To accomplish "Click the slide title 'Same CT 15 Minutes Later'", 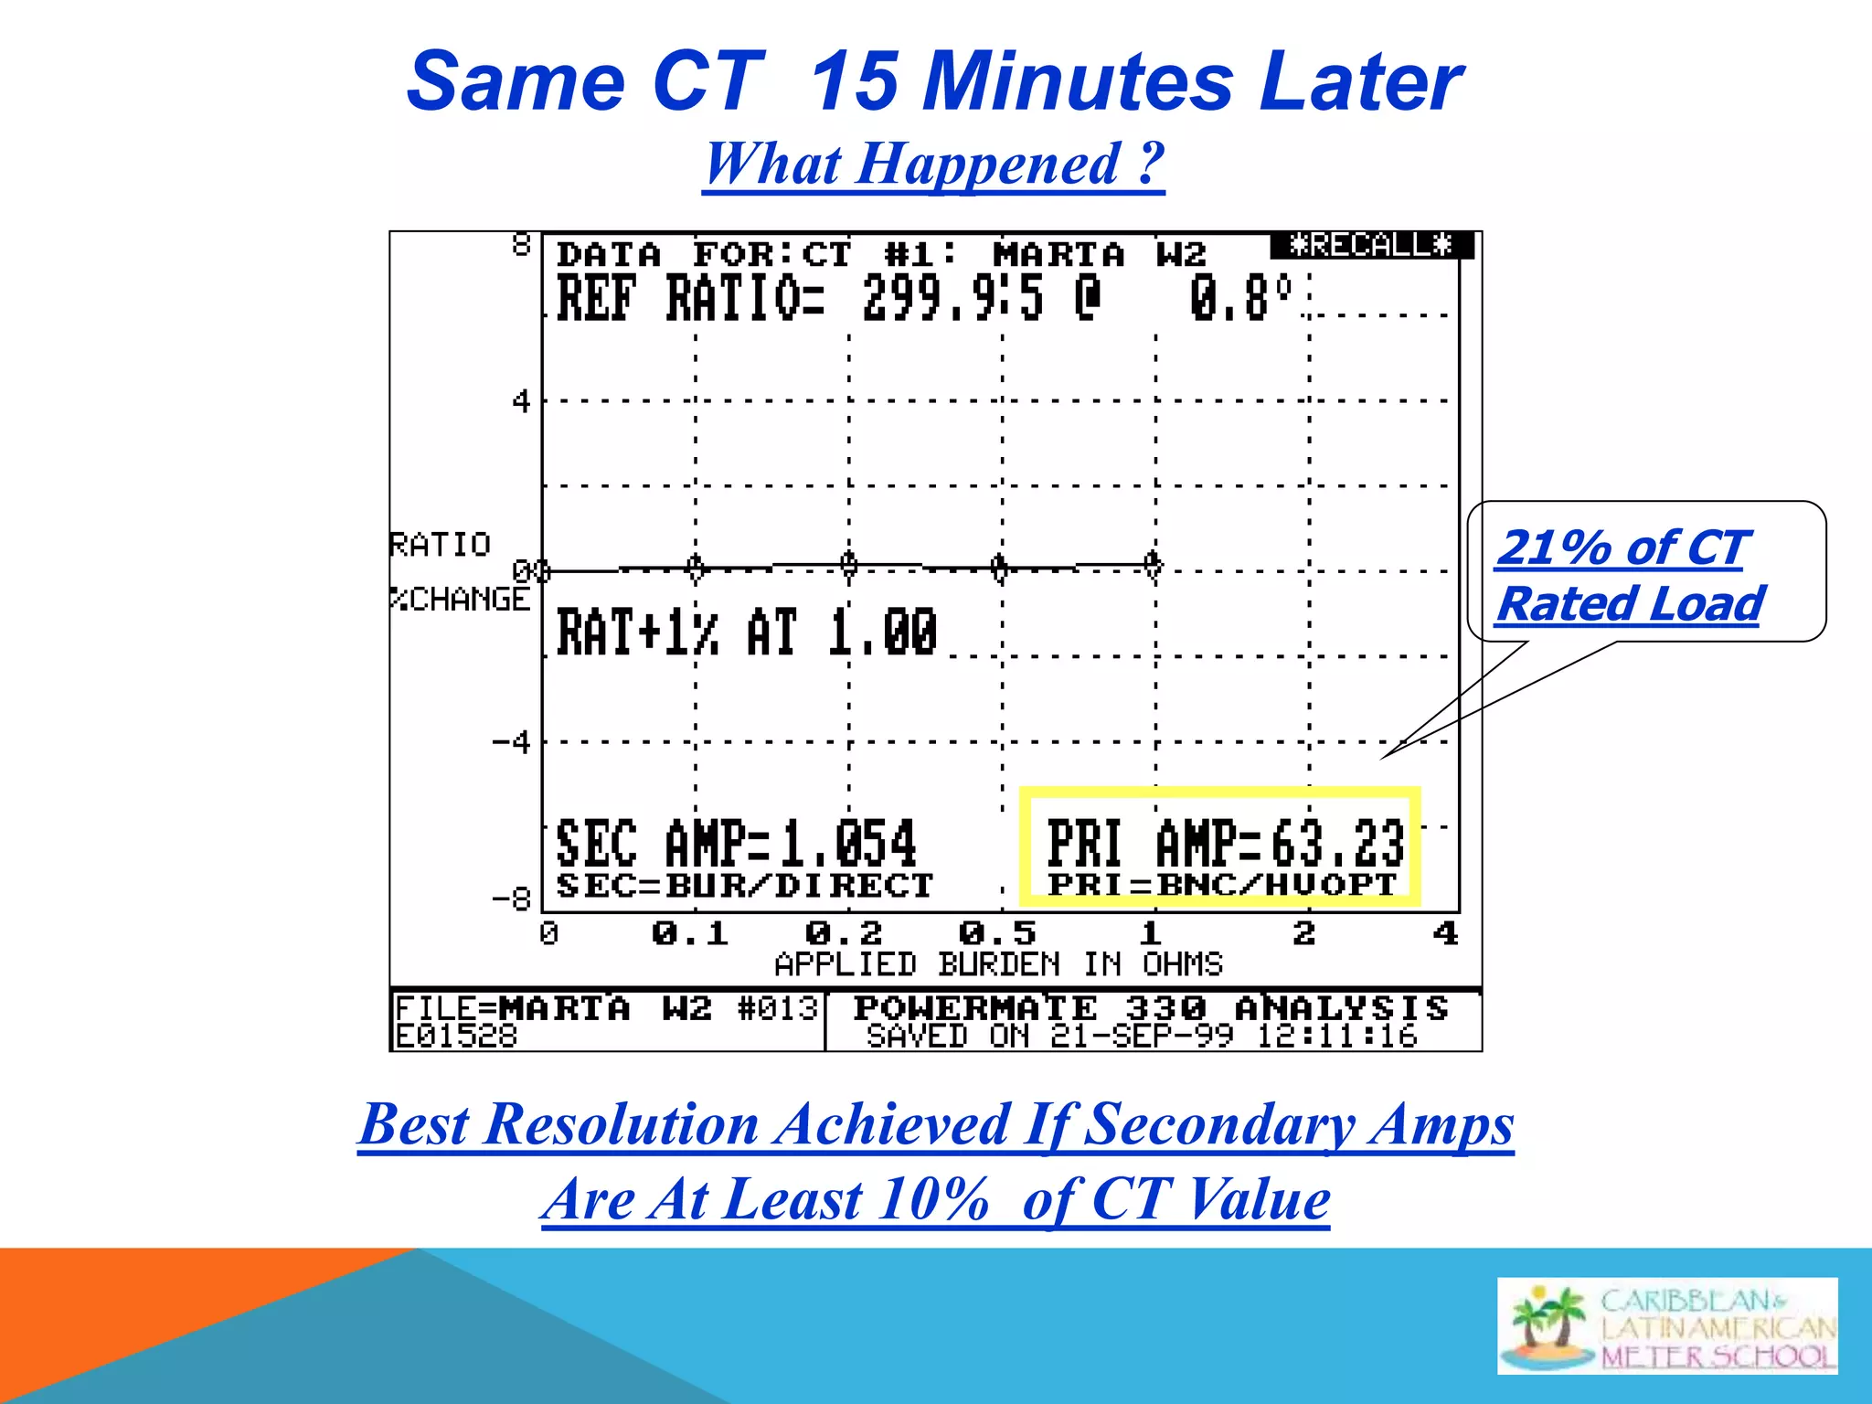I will [934, 82].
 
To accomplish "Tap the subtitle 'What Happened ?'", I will [933, 165].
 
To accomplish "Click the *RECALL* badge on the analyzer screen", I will [1370, 245].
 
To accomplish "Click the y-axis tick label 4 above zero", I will [521, 400].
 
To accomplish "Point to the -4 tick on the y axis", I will [512, 742].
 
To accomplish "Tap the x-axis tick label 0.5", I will [997, 933].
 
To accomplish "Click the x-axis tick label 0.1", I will [690, 933].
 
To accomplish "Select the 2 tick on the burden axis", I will [1304, 933].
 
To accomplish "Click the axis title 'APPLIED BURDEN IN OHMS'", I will [998, 964].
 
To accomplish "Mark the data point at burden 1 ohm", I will [1154, 564].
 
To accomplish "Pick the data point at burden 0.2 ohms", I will [849, 566].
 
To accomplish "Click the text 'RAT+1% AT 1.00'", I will [747, 633].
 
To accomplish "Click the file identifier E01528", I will [456, 1037].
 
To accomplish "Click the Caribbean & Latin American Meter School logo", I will [1666, 1326].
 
